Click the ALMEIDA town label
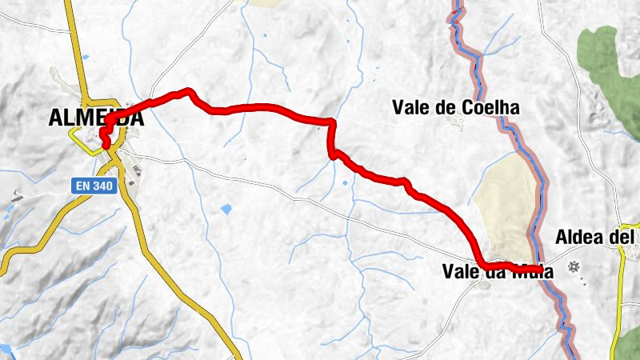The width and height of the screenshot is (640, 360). tap(96, 118)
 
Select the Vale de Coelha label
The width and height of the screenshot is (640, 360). tap(456, 107)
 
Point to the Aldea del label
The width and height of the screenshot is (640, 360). tap(595, 238)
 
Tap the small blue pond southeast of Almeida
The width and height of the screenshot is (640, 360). tap(226, 210)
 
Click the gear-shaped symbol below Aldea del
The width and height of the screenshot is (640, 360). tap(573, 266)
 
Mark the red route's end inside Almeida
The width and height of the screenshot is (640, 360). tap(105, 145)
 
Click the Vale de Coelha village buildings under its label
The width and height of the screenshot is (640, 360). tap(457, 122)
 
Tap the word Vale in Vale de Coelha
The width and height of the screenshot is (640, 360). tap(410, 107)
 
